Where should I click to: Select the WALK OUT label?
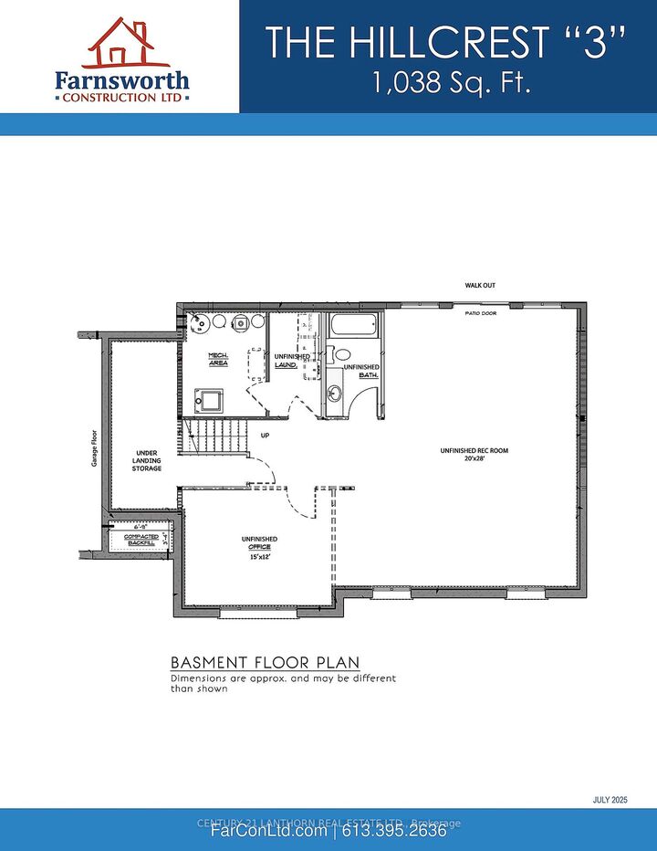(480, 286)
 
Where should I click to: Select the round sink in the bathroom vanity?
(335, 394)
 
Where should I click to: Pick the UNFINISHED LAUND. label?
(292, 361)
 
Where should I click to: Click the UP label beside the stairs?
(265, 435)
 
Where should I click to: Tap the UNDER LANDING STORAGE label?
(148, 460)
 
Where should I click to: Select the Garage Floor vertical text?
(93, 447)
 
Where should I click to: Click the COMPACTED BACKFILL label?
(141, 540)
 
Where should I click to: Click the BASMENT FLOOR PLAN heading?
(265, 662)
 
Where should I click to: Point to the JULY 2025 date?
(610, 800)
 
